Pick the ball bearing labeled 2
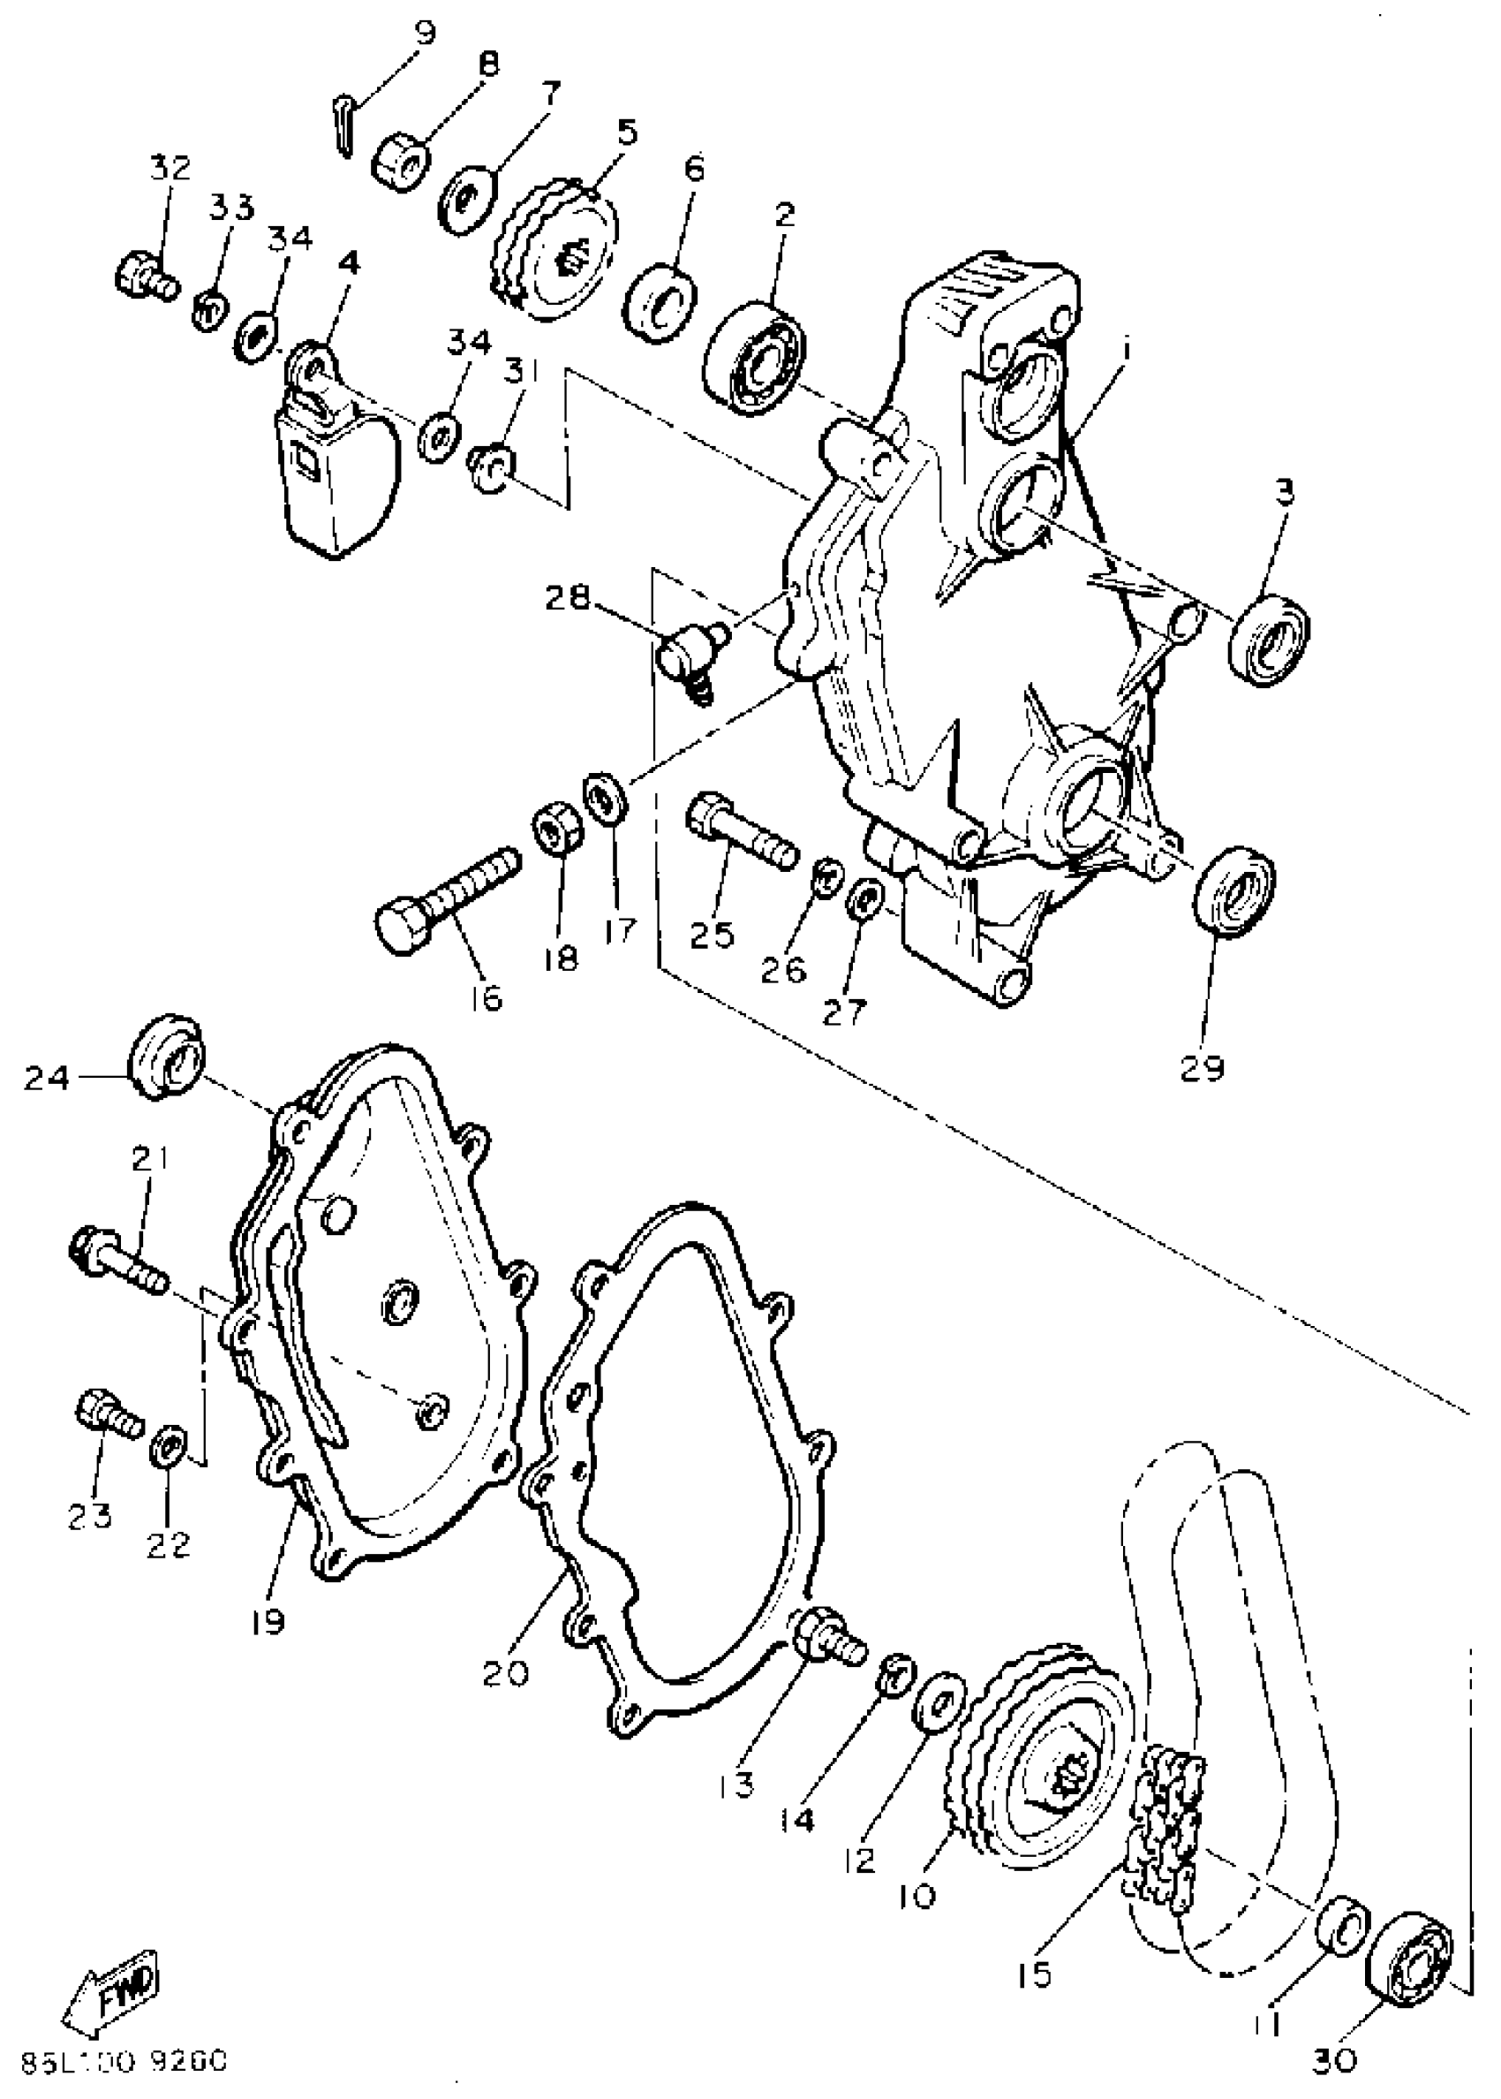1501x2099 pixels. click(756, 356)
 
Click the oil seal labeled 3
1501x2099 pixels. click(1269, 640)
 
